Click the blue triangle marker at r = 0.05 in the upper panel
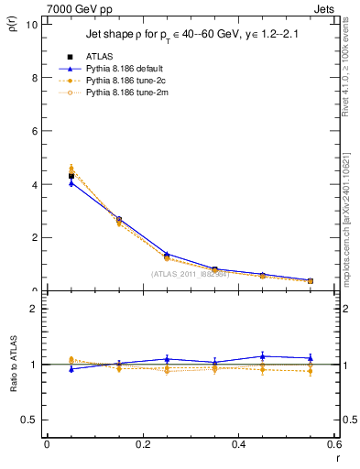[x=71, y=183]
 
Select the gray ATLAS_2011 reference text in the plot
[x=191, y=274]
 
